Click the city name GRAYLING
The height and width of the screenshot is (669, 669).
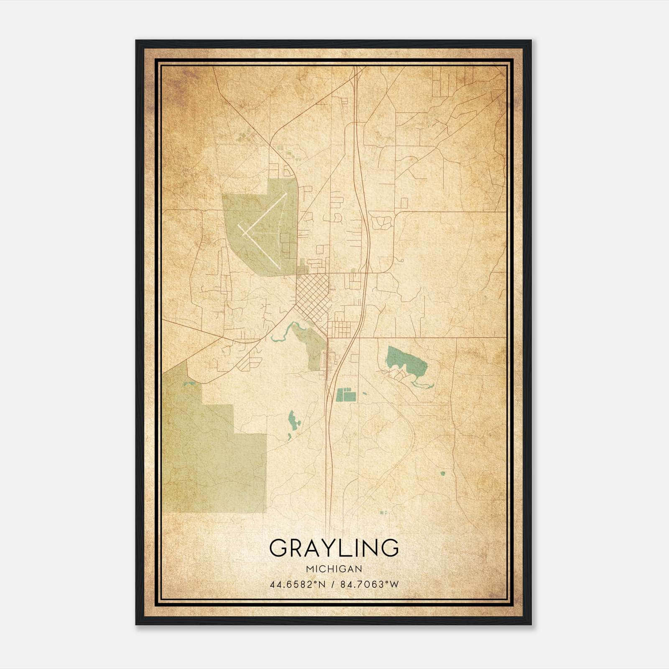334,548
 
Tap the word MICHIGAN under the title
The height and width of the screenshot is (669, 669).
334,569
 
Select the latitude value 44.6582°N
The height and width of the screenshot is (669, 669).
298,585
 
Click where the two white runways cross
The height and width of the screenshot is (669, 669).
246,230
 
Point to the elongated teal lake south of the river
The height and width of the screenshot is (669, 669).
293,421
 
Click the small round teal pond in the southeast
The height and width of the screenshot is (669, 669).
442,474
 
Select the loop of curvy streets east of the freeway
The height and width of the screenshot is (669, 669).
382,222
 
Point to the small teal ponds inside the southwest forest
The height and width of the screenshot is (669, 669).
189,383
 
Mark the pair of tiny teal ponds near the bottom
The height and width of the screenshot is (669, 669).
383,512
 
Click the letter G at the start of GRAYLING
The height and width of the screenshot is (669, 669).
279,548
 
